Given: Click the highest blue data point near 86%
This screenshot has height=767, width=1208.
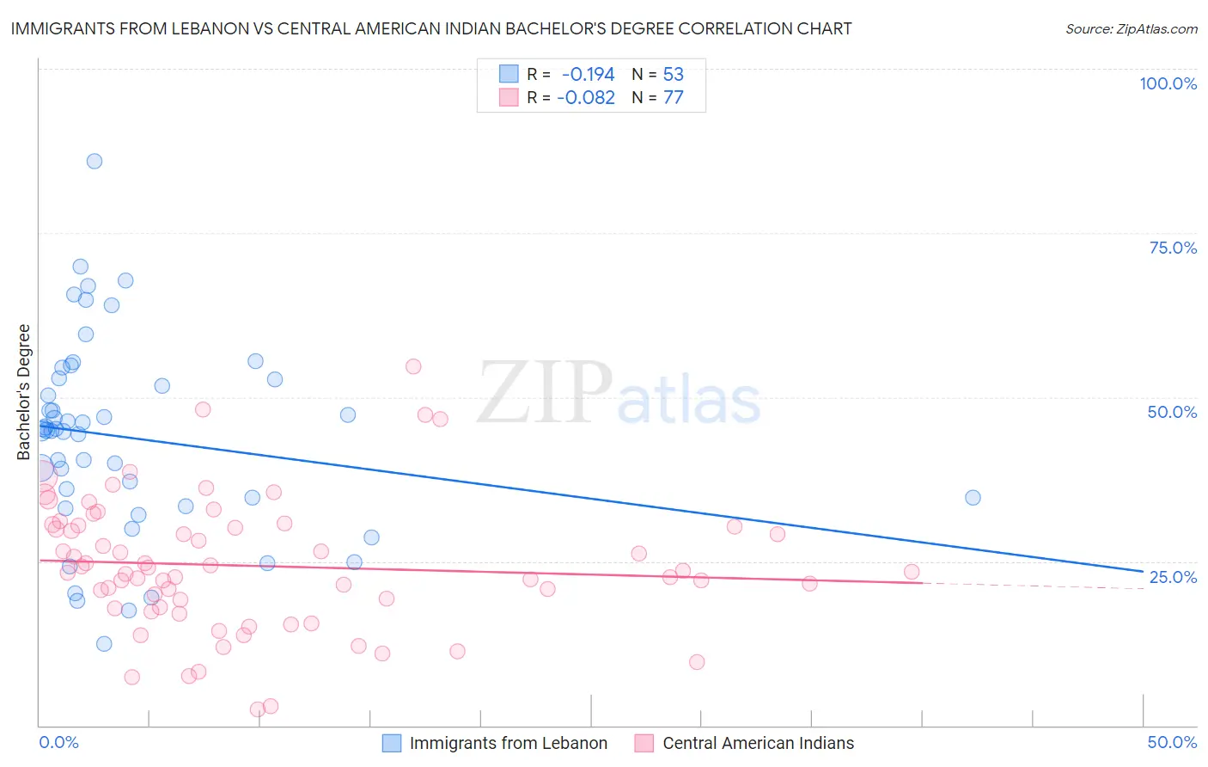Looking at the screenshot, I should pos(95,162).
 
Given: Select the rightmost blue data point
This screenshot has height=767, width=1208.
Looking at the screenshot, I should pos(973,498).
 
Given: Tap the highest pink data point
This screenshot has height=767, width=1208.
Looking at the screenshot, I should pos(413,366).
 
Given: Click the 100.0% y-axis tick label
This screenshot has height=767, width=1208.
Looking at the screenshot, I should pos(1168,83).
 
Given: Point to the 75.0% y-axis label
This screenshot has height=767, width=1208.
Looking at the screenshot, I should pos(1173,248).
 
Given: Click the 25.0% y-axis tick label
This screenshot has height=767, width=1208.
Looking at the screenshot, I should pos(1173,577).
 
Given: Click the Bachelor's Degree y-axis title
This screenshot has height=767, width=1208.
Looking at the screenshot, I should pos(24,392).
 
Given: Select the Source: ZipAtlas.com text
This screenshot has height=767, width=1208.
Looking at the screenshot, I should pos(1131,28).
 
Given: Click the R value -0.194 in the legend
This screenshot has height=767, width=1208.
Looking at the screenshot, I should pos(588,75).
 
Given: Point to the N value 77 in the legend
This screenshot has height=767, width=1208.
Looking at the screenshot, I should pos(674,98).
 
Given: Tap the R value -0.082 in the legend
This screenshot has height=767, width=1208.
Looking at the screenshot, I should pos(586,98).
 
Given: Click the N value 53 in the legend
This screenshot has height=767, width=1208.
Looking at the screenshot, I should pos(674,75).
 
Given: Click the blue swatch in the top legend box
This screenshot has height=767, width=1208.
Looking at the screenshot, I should pos(509,75).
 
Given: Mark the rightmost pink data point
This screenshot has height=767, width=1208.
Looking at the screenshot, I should pos(912,572).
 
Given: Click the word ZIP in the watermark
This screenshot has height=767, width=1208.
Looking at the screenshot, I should pos(544,393).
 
